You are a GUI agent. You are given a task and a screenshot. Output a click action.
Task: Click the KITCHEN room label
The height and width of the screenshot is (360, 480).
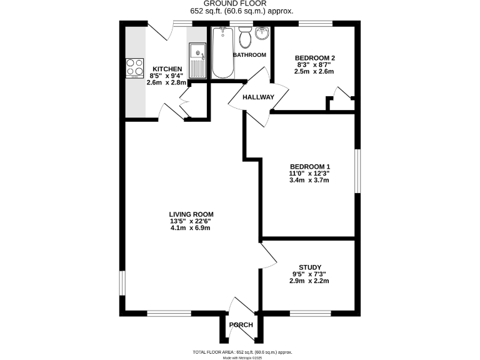pos(166,69)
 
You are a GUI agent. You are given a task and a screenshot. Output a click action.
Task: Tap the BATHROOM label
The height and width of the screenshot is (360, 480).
pos(249,55)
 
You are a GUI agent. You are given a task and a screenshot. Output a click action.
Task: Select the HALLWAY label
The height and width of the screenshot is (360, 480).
pos(259,97)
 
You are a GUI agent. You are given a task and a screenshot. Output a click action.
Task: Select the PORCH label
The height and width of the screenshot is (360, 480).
pos(241,325)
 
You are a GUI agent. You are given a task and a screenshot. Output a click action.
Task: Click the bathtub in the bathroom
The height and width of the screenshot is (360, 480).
pos(222,54)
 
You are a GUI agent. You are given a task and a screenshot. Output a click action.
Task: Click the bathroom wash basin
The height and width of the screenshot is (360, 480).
pos(262,33)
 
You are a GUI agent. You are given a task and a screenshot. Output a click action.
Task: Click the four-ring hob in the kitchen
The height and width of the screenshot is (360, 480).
pos(134,66)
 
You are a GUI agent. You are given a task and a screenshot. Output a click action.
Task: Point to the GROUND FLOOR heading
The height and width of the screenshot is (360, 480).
pos(240,4)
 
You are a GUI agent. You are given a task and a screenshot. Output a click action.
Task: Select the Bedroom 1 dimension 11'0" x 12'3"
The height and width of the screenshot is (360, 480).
pos(309,173)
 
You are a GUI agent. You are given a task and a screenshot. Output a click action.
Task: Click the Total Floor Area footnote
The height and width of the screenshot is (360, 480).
pos(240,351)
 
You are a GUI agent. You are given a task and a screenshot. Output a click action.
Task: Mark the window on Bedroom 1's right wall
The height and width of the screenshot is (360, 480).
pos(357,170)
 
